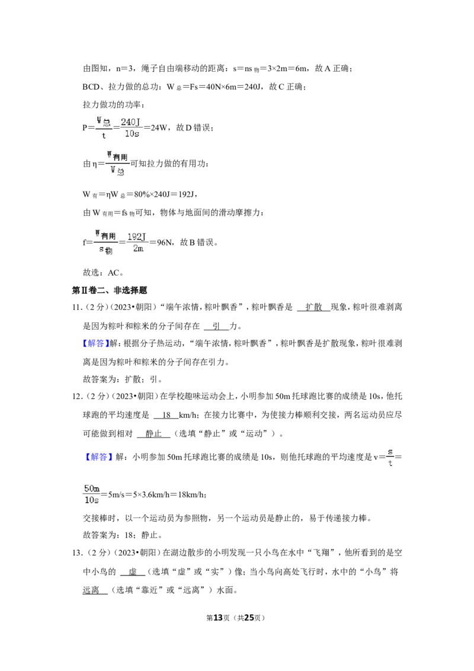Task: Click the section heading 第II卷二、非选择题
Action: [x=110, y=290]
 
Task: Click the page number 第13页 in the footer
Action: [x=218, y=618]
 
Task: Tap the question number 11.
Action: [x=77, y=307]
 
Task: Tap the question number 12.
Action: [x=77, y=397]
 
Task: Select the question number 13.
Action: [x=77, y=553]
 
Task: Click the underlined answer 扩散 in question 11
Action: [x=313, y=307]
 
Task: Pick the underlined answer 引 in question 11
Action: [x=216, y=326]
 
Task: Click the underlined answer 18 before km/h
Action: [x=166, y=415]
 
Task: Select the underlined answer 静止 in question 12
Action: [x=153, y=433]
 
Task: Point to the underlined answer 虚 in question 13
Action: [x=133, y=572]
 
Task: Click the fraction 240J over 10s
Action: [x=131, y=128]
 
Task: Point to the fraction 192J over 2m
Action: [x=137, y=242]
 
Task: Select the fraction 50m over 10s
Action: [x=92, y=494]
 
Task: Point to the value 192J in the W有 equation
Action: [x=187, y=194]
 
